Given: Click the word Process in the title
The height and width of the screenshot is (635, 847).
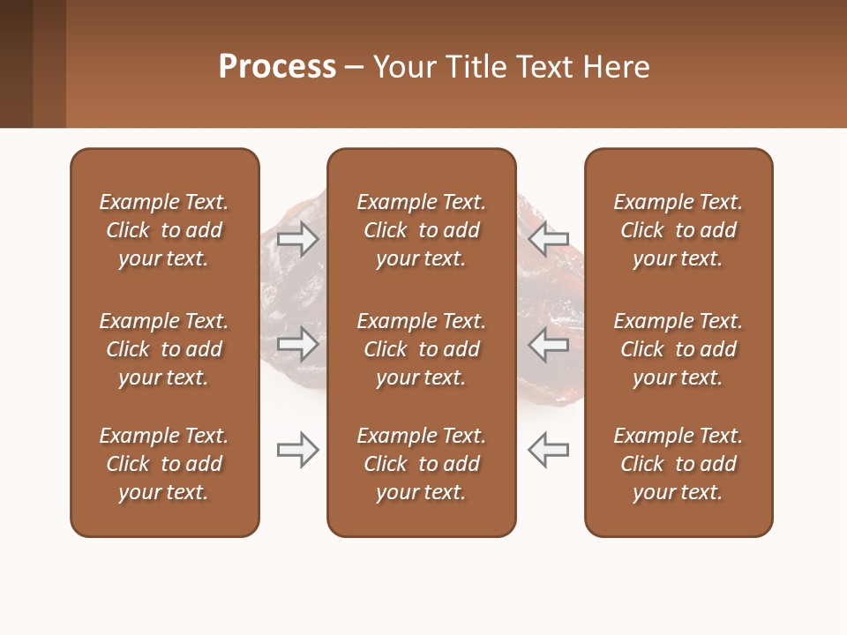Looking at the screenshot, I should point(277,67).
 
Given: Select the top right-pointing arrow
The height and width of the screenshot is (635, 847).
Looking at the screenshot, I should point(298,239).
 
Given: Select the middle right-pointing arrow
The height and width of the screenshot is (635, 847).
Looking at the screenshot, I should point(298,344).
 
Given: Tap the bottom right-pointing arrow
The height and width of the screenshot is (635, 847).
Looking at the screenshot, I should point(298,450).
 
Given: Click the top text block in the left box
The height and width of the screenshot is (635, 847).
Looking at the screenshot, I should point(164,230).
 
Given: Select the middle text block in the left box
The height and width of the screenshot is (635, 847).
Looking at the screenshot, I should point(164,349).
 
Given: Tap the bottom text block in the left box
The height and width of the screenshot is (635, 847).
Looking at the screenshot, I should point(164,464).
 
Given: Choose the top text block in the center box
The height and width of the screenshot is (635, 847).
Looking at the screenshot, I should point(422,230).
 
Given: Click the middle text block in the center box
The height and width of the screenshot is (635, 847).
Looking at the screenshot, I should point(422,349).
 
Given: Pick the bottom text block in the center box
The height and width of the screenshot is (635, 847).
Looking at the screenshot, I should point(422,464).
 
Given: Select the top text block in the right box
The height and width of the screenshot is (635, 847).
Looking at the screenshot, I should point(678,230).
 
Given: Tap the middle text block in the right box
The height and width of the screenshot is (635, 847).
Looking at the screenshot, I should point(678,349).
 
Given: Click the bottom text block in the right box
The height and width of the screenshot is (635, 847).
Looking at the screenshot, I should point(678,464).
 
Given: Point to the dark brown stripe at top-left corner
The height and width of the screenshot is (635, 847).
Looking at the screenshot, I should point(16,63).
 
